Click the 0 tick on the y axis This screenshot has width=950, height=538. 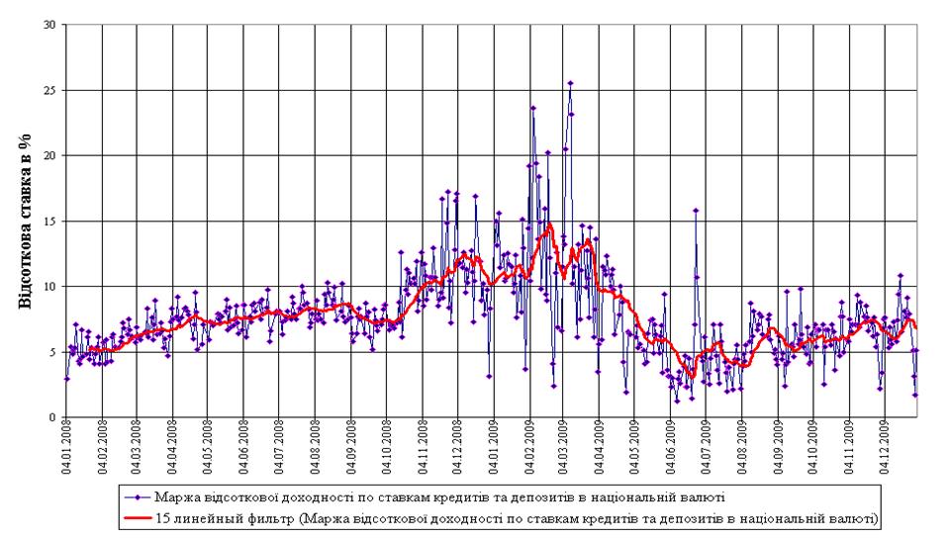click(x=51, y=417)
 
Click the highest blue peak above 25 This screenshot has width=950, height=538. click(x=570, y=83)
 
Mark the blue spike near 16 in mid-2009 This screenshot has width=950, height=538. click(x=696, y=210)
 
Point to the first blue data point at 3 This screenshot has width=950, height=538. click(x=66, y=378)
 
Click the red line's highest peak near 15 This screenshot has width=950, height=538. click(x=549, y=225)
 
